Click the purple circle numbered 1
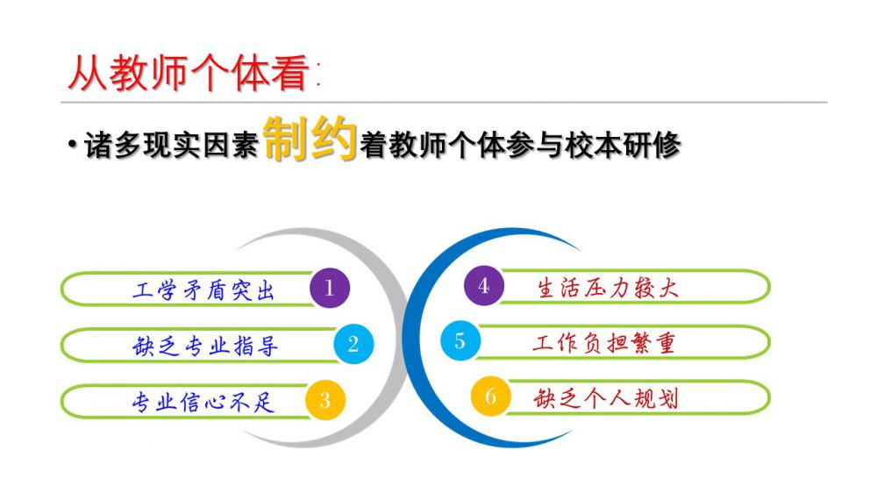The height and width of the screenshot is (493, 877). click(330, 289)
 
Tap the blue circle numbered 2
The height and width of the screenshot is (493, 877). click(353, 344)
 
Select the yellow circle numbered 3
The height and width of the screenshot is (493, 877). click(325, 400)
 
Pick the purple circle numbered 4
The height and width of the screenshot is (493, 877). click(484, 286)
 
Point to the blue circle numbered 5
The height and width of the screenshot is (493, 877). click(460, 340)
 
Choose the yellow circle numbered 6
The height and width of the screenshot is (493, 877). click(490, 397)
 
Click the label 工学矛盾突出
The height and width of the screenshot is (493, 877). click(203, 290)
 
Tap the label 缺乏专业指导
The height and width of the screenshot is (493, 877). click(205, 346)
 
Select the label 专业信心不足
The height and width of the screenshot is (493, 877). click(203, 402)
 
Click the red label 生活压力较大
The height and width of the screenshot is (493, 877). click(608, 289)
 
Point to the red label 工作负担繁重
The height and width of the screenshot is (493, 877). click(604, 343)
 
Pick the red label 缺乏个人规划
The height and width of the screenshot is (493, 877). click(606, 398)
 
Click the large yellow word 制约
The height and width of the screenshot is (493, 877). click(310, 139)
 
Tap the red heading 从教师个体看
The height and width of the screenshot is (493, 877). click(189, 73)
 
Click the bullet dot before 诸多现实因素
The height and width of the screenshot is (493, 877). click(72, 145)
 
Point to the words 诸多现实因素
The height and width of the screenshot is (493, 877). click(171, 145)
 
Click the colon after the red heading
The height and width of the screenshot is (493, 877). click(318, 75)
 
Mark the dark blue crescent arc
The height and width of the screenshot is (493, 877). click(410, 336)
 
